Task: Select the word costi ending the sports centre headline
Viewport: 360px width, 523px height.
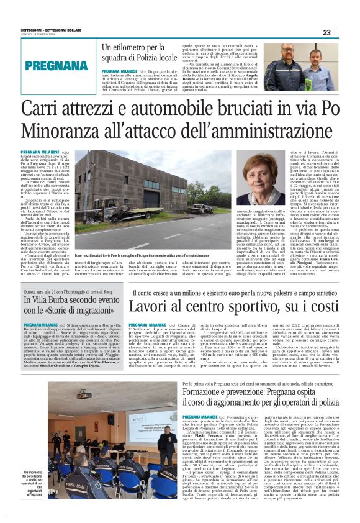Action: (319, 305)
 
